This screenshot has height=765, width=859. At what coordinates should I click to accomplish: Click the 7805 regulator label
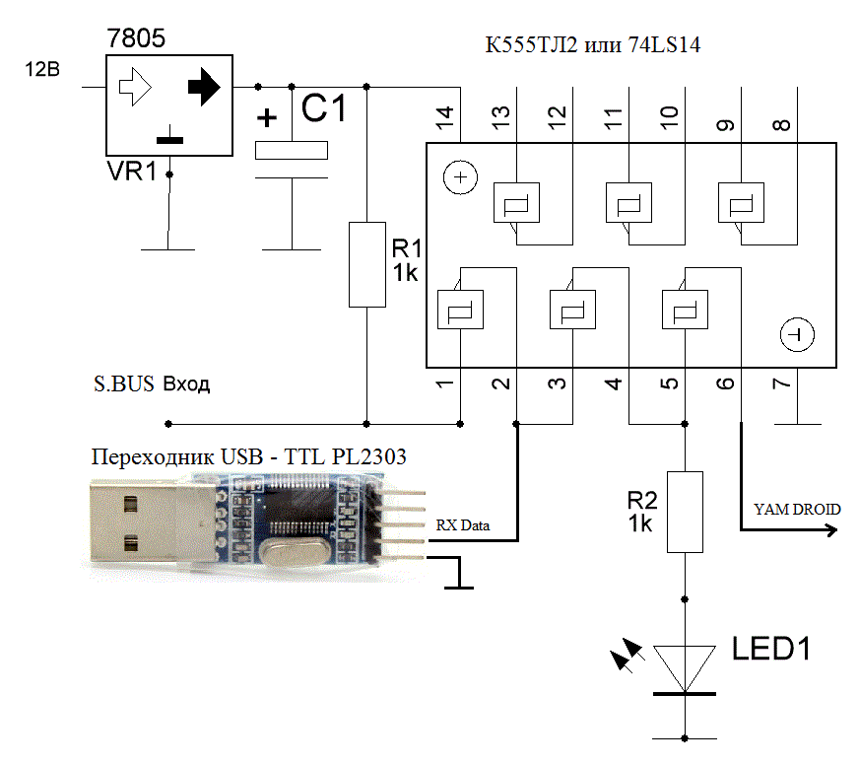136,39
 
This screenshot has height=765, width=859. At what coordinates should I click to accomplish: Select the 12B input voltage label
42,70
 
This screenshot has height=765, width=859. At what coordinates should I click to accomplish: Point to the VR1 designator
132,172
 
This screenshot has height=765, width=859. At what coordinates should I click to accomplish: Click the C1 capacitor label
323,109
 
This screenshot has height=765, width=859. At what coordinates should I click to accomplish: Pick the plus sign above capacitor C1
266,118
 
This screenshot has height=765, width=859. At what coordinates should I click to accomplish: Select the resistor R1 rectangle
366,263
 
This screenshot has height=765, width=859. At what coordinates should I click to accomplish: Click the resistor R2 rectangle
685,512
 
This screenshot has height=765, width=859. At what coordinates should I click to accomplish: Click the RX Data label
463,526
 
